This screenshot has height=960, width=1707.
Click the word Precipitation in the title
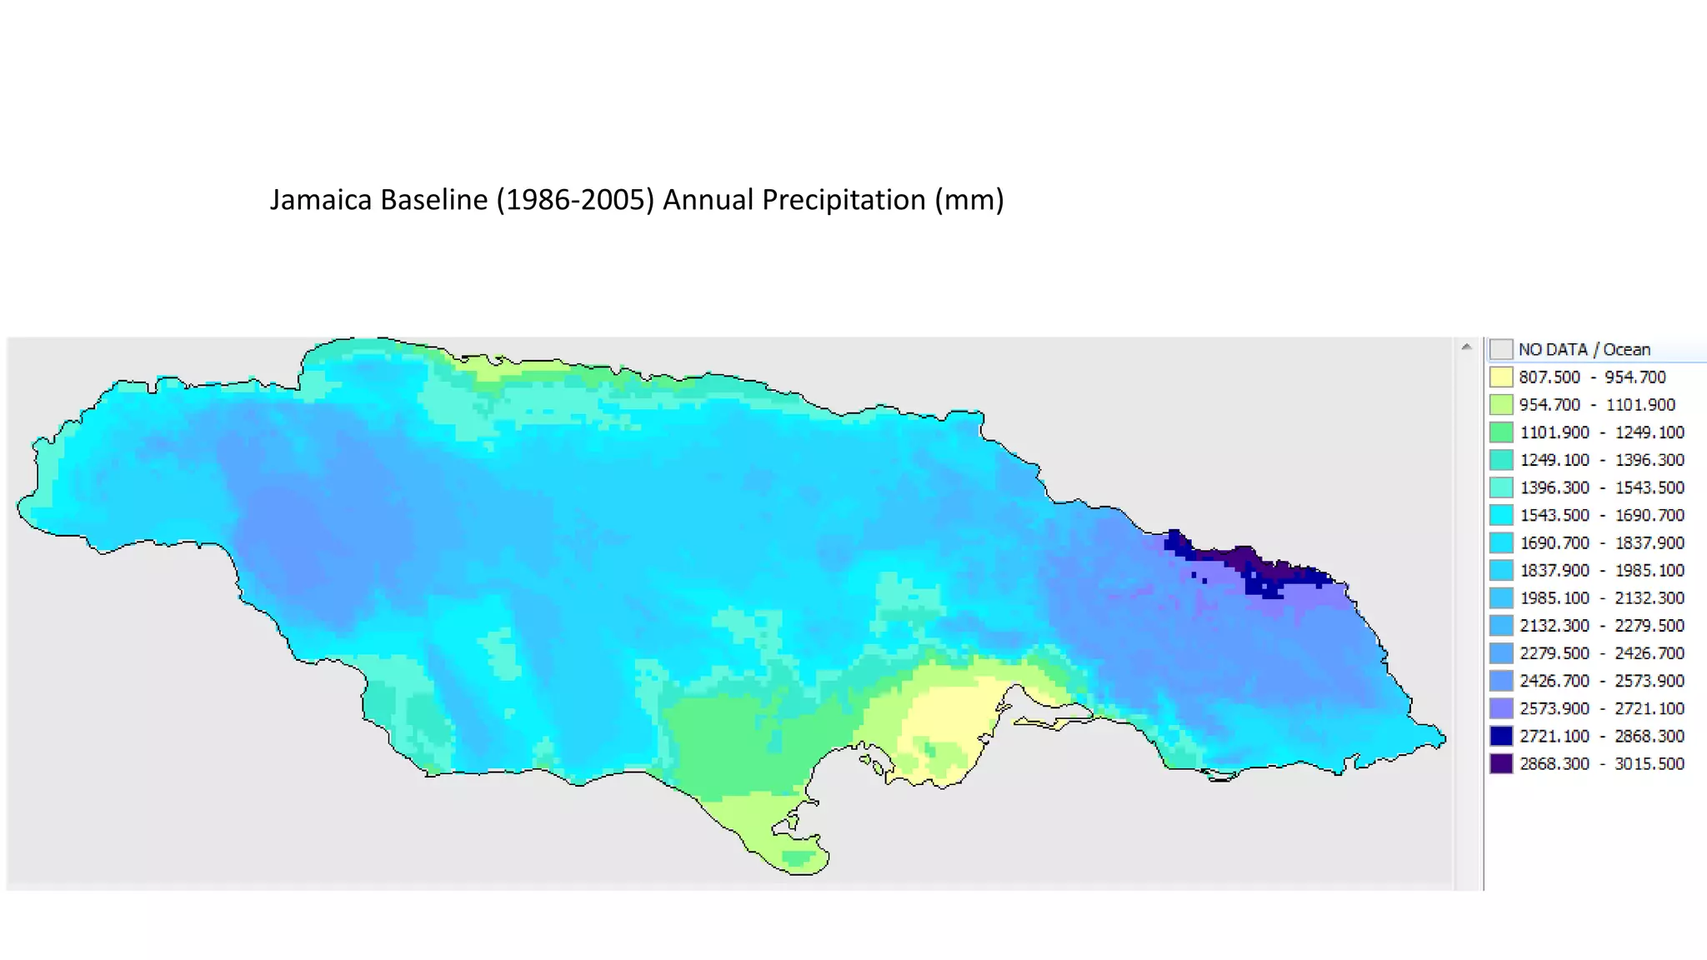[x=843, y=200]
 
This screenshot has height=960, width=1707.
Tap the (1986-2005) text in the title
[x=575, y=200]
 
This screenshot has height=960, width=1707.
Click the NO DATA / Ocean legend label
[x=1584, y=350]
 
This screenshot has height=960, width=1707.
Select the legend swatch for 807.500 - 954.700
[x=1501, y=377]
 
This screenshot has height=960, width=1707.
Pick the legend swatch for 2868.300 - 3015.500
[x=1501, y=763]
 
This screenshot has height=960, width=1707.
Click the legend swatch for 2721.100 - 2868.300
[x=1501, y=736]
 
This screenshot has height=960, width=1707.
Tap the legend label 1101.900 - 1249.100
[x=1601, y=432]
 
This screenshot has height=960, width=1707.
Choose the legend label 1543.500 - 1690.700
[x=1601, y=515]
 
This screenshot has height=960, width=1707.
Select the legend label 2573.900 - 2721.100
[x=1601, y=708]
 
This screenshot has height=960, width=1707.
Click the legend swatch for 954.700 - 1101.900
[x=1501, y=405]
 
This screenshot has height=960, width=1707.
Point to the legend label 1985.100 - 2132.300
[x=1601, y=597]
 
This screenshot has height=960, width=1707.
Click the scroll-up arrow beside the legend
[x=1466, y=347]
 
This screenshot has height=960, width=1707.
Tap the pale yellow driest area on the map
[x=950, y=717]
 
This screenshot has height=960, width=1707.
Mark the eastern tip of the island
[x=1444, y=738]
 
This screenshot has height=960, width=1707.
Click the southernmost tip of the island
[x=800, y=872]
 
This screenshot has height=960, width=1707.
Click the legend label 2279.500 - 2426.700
[x=1601, y=653]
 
